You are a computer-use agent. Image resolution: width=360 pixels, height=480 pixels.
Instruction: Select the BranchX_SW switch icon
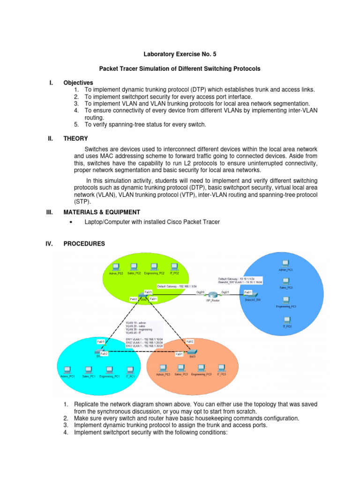249,294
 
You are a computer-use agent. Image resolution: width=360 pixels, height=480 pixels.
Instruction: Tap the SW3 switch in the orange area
191,352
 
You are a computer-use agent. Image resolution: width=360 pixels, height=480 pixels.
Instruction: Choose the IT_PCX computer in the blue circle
285,320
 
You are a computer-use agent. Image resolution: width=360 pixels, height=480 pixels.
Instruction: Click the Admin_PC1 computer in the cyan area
67,369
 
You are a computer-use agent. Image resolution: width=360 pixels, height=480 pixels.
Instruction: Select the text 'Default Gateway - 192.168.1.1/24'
177,286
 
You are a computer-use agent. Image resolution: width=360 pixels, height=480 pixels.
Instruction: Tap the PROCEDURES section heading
84,243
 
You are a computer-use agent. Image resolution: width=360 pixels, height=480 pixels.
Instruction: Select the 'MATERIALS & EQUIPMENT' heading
102,212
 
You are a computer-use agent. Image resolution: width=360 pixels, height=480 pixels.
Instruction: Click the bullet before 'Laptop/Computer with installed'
70,222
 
